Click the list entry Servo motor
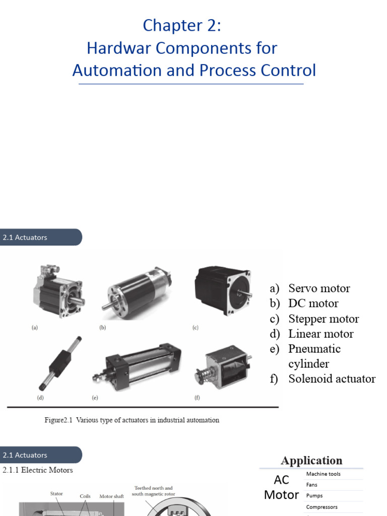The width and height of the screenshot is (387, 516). pyautogui.click(x=318, y=288)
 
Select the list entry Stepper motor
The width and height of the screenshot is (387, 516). pyautogui.click(x=323, y=319)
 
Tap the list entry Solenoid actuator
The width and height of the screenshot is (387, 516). pyautogui.click(x=332, y=379)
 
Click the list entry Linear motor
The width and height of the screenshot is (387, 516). pyautogui.click(x=320, y=334)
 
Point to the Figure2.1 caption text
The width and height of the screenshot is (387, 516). pyautogui.click(x=132, y=420)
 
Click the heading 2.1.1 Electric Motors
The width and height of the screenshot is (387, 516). pyautogui.click(x=38, y=470)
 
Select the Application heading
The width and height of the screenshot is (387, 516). pyautogui.click(x=311, y=461)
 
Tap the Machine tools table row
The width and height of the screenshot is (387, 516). pyautogui.click(x=324, y=474)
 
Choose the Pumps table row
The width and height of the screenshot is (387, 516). pyautogui.click(x=314, y=496)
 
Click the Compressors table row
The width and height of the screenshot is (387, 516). pyautogui.click(x=321, y=507)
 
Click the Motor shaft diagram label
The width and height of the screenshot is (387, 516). pyautogui.click(x=111, y=496)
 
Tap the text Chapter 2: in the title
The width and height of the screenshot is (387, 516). pyautogui.click(x=182, y=25)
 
